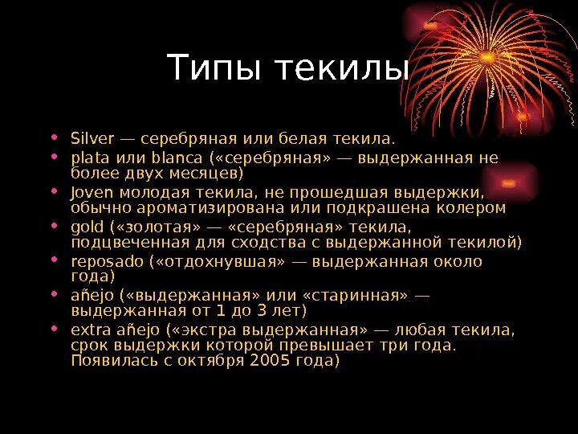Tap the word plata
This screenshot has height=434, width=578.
point(88,157)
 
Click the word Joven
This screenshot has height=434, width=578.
point(92,192)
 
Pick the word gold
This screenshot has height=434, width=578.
point(87,227)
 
